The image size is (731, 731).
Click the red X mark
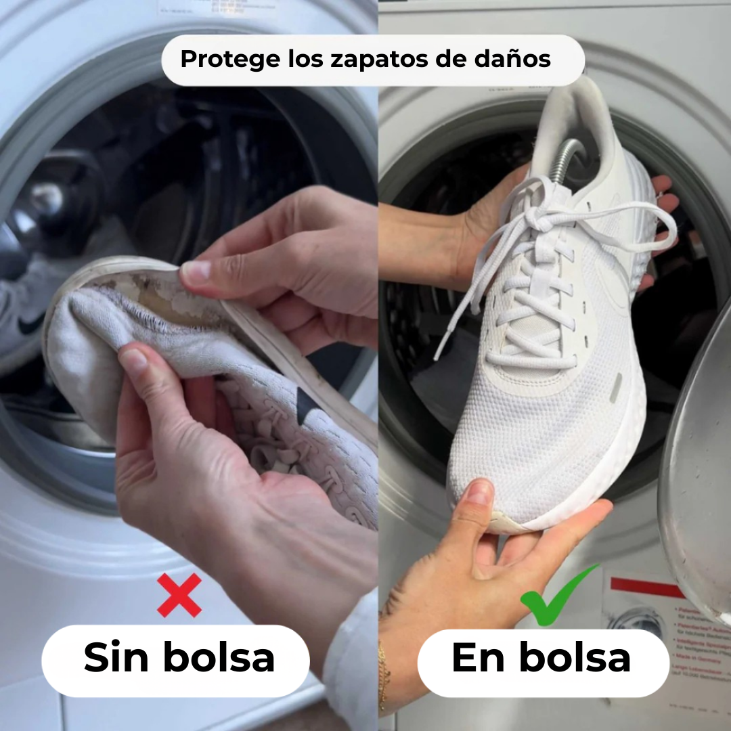tap(179, 595)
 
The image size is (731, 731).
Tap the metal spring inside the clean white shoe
tap(565, 160)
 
